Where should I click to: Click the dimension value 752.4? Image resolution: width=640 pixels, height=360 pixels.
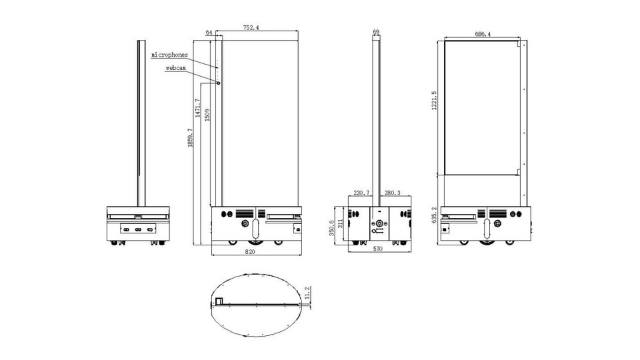pyautogui.click(x=251, y=28)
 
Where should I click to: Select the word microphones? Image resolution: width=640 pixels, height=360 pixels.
pyautogui.click(x=170, y=55)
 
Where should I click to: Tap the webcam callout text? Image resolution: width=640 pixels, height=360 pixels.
pyautogui.click(x=176, y=68)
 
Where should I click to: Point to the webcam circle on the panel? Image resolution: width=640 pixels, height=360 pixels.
pyautogui.click(x=219, y=83)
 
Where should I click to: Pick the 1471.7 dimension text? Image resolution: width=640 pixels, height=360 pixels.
pyautogui.click(x=197, y=108)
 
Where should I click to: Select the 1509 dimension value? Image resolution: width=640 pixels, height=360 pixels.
pyautogui.click(x=207, y=115)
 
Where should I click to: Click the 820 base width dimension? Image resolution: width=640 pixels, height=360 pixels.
pyautogui.click(x=250, y=252)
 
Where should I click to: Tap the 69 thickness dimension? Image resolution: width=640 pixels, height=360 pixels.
pyautogui.click(x=376, y=31)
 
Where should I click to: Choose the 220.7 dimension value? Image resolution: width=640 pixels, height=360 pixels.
pyautogui.click(x=361, y=193)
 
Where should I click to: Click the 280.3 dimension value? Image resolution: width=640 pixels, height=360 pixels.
pyautogui.click(x=392, y=193)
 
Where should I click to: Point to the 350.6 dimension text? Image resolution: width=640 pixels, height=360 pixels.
pyautogui.click(x=331, y=228)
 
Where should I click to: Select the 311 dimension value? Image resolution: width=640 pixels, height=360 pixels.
pyautogui.click(x=341, y=224)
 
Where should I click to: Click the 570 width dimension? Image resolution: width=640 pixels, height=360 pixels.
pyautogui.click(x=378, y=249)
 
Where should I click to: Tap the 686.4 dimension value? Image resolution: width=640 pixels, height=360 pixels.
pyautogui.click(x=483, y=34)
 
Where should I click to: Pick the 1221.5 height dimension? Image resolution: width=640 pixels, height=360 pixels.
pyautogui.click(x=434, y=101)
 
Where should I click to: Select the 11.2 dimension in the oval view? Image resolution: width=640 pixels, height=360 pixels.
pyautogui.click(x=307, y=292)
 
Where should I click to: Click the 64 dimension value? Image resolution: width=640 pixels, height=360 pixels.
pyautogui.click(x=209, y=33)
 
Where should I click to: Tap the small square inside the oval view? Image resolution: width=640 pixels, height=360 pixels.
pyautogui.click(x=219, y=301)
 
